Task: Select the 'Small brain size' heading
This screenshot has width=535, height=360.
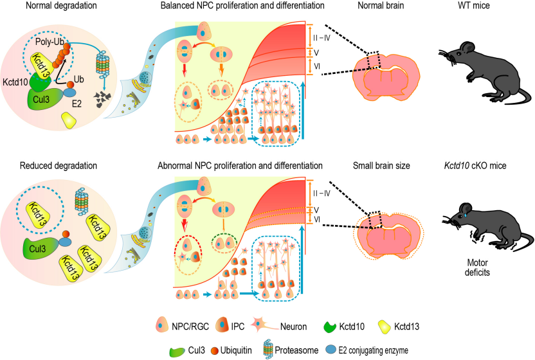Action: pos(383,166)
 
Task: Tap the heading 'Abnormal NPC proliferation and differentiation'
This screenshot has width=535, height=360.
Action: pos(240,166)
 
